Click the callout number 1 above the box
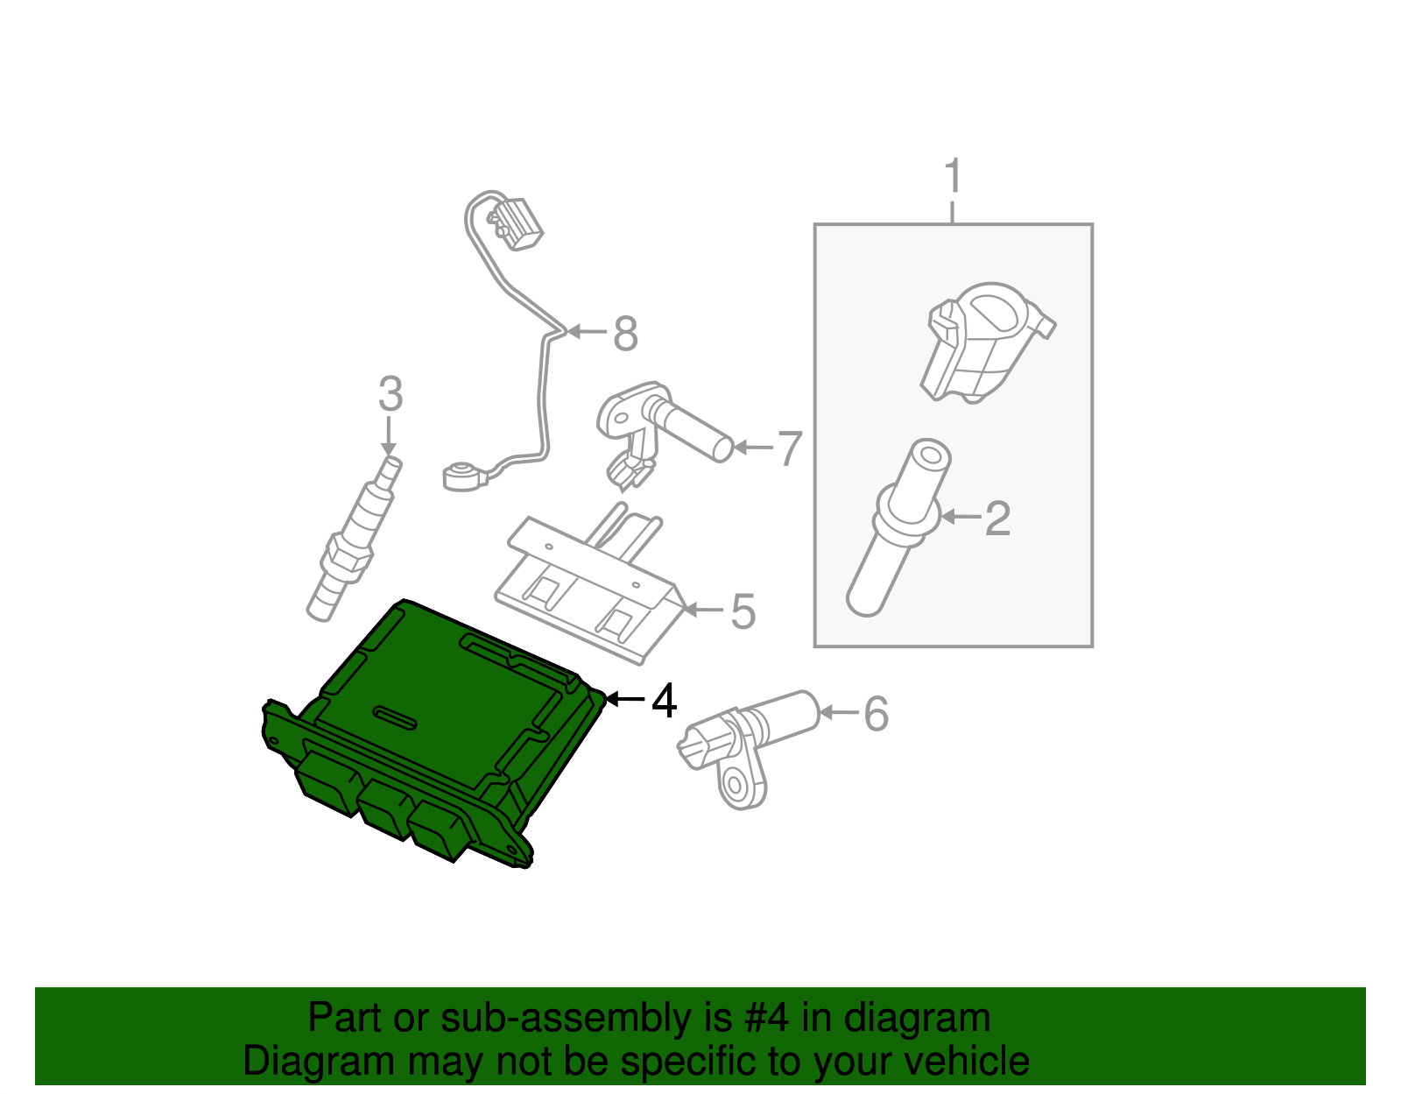[953, 177]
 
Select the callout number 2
[997, 519]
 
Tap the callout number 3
[391, 394]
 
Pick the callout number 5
[743, 611]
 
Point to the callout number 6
[876, 714]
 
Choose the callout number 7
[790, 448]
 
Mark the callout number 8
[625, 334]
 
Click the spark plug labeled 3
[354, 543]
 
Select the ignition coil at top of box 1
[985, 342]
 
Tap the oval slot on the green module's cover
[398, 716]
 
